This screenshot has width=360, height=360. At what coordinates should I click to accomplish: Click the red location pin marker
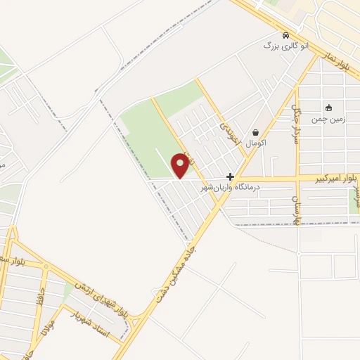click(x=181, y=165)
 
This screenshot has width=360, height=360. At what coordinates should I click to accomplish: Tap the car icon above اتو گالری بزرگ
click(x=285, y=35)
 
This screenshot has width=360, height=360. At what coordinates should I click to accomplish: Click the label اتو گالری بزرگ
click(x=285, y=46)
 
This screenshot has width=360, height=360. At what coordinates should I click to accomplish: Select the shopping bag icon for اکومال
click(x=255, y=131)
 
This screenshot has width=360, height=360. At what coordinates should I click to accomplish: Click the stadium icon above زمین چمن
click(x=328, y=108)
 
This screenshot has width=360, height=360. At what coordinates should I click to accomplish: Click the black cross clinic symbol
click(x=230, y=176)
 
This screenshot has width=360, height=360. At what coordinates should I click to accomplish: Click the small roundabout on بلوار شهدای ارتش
click(x=45, y=267)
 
